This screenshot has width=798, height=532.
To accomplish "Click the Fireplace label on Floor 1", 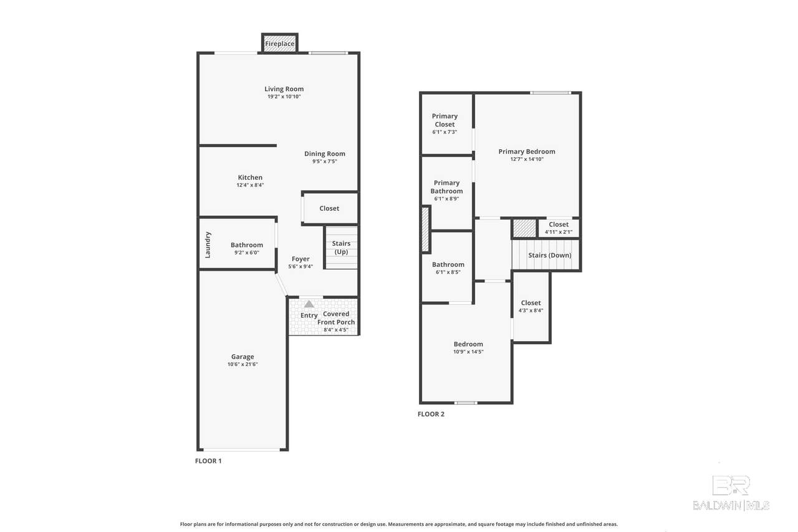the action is click(x=280, y=44).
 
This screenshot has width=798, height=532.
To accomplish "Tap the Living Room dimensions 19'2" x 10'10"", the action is click(x=284, y=97).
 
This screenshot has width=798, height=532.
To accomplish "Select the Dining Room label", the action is click(x=325, y=153).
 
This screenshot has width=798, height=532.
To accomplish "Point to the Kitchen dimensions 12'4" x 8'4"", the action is click(x=250, y=185).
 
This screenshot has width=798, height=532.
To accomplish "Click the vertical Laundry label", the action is click(x=208, y=245).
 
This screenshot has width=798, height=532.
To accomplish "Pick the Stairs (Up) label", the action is click(x=341, y=248).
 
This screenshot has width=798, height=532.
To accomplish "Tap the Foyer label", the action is click(x=300, y=259).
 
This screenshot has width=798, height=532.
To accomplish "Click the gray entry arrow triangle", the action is click(x=309, y=304).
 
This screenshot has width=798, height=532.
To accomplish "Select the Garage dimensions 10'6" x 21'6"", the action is click(x=243, y=364).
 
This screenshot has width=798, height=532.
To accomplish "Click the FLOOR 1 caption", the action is click(x=208, y=461).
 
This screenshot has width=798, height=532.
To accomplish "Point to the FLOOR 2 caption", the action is click(x=431, y=414).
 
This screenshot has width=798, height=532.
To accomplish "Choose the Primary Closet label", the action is click(x=445, y=120).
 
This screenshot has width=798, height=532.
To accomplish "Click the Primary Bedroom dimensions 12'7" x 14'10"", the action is click(x=527, y=159).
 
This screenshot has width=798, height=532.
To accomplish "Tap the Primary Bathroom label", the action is click(x=446, y=186).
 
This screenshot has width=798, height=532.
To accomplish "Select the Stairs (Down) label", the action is click(x=550, y=255).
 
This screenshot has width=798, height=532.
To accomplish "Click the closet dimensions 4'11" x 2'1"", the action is click(x=559, y=232).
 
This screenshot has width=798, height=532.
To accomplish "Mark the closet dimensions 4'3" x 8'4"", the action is click(x=531, y=311).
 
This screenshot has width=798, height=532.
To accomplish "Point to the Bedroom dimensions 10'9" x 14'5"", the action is click(x=468, y=352).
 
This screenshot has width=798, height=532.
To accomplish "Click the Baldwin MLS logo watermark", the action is click(x=731, y=493).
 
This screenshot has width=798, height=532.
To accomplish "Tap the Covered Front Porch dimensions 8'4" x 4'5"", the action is click(x=336, y=330).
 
